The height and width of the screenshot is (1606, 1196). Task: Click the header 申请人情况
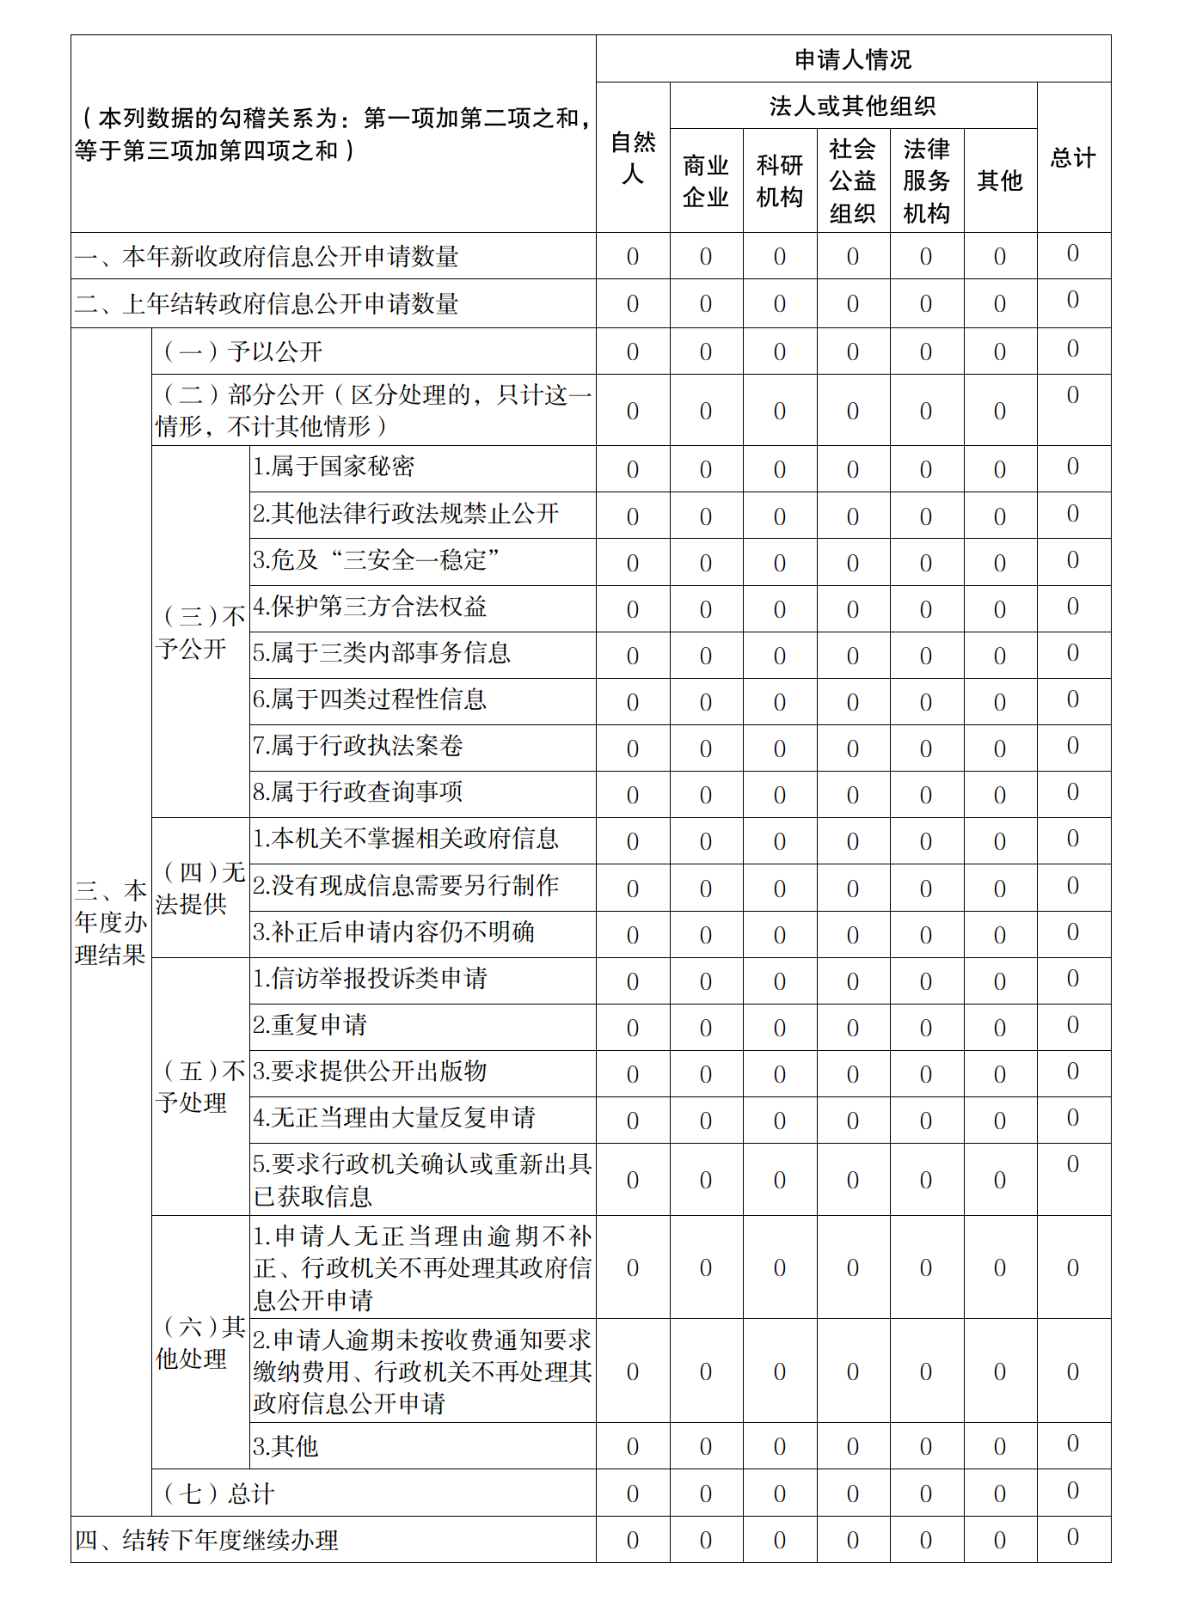[852, 59]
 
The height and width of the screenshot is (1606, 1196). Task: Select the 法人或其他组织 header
[852, 106]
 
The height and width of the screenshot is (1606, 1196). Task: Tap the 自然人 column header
[632, 157]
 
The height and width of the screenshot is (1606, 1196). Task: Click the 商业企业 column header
[705, 180]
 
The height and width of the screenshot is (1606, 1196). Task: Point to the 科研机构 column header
[779, 180]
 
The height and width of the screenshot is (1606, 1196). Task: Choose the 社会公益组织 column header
[852, 180]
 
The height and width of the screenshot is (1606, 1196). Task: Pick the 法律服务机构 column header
[926, 180]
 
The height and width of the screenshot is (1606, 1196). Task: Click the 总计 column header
[1073, 157]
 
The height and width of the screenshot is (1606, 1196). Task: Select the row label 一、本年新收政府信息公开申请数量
[267, 256]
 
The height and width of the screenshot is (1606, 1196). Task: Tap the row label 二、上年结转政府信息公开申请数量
[267, 303]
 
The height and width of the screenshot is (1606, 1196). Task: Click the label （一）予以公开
[242, 351]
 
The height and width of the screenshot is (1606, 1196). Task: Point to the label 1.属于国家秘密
[334, 467]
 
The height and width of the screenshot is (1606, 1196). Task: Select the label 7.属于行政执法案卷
[358, 745]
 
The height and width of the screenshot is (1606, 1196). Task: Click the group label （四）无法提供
[199, 888]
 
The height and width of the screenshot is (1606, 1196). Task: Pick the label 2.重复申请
[310, 1024]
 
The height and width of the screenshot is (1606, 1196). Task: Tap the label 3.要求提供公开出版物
[370, 1071]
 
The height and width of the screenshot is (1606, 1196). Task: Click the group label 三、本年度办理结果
[111, 922]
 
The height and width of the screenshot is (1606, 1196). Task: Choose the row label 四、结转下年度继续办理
[206, 1540]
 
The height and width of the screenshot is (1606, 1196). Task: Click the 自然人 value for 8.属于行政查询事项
[632, 794]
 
